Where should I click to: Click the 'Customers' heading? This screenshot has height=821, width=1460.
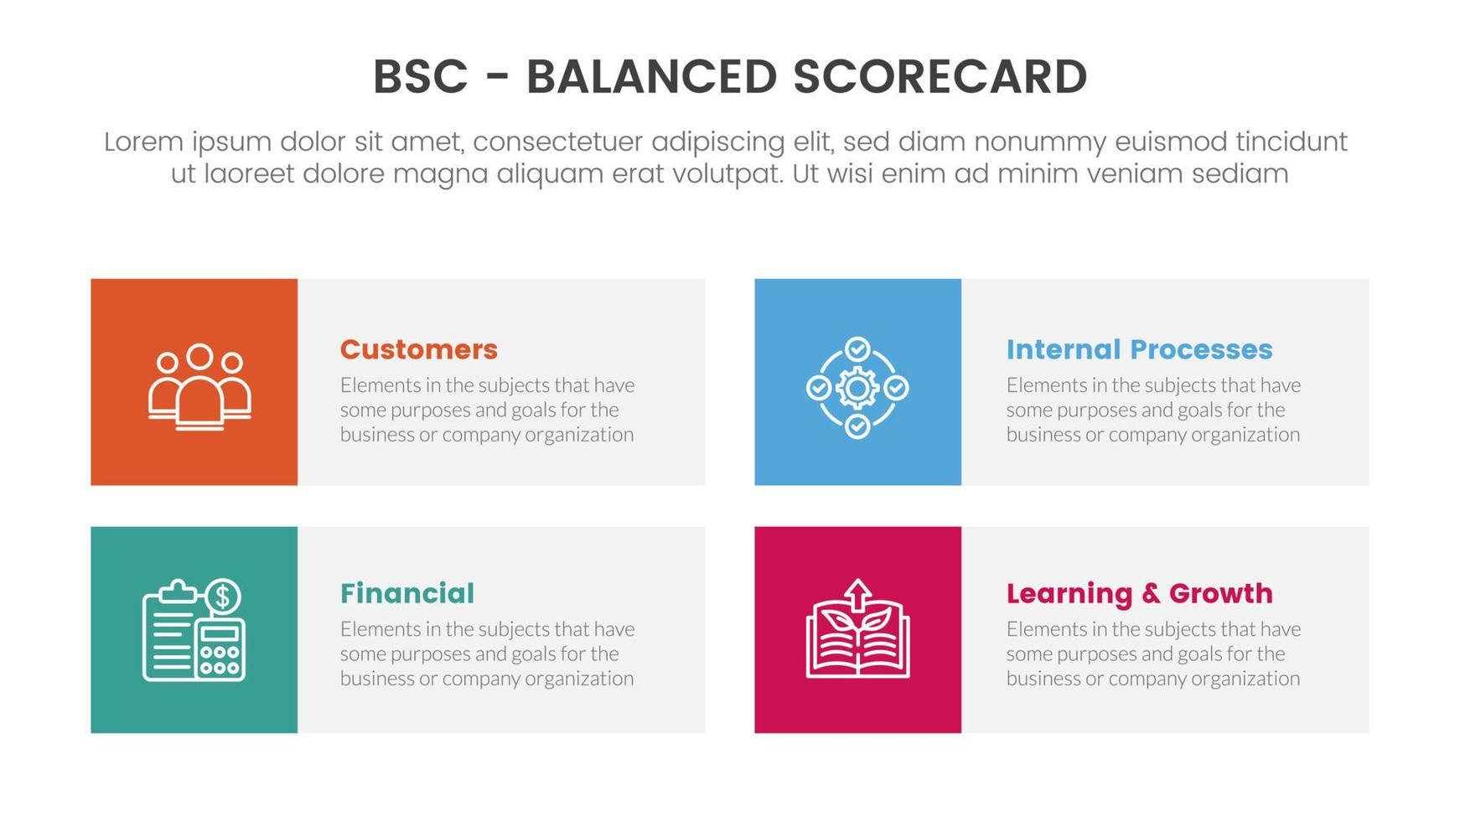(x=418, y=349)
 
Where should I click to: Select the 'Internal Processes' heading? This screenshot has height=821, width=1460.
(x=1139, y=349)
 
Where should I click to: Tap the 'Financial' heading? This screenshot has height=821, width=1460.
(x=407, y=593)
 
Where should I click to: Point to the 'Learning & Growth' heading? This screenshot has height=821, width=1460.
(x=1139, y=593)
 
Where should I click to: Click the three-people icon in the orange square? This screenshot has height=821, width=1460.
(x=199, y=386)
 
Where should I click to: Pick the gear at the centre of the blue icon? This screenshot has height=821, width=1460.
(x=857, y=388)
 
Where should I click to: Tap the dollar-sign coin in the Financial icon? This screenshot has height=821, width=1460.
(x=222, y=596)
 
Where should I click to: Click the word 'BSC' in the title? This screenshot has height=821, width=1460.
(x=420, y=77)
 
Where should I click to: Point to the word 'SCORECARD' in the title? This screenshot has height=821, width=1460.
(x=940, y=77)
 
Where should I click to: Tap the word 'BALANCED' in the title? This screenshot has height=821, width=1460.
(x=651, y=77)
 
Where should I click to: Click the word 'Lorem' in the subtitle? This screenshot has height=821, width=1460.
(x=143, y=142)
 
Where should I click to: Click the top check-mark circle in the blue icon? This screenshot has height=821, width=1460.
(x=857, y=349)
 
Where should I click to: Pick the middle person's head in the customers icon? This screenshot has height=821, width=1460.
(x=199, y=357)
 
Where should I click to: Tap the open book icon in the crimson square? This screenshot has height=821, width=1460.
(x=857, y=641)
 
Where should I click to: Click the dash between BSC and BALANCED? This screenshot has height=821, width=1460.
(x=497, y=77)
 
